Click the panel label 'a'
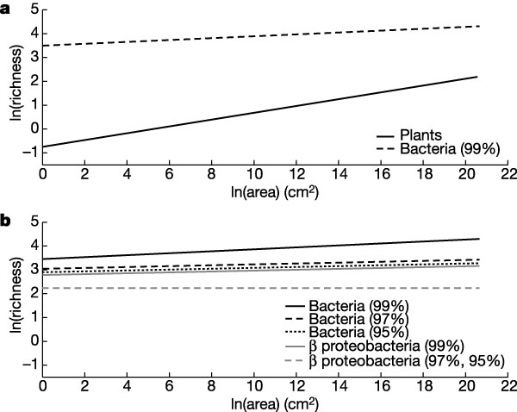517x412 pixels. tap(6, 8)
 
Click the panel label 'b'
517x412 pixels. tap(6, 222)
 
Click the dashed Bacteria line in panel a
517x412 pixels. tap(258, 35)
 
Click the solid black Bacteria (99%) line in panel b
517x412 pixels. tap(258, 249)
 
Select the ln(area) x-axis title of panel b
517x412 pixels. tap(258, 403)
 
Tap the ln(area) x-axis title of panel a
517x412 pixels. tap(258, 190)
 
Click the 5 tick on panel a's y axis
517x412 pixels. tap(33, 9)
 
